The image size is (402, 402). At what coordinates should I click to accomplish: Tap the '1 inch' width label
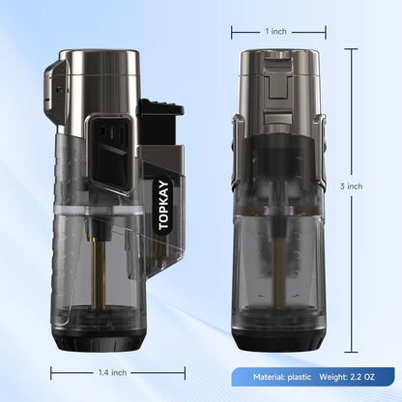[x=275, y=31]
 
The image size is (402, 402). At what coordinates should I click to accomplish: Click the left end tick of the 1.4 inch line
[x=45, y=369]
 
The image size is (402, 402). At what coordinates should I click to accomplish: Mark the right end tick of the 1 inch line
[x=326, y=31]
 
